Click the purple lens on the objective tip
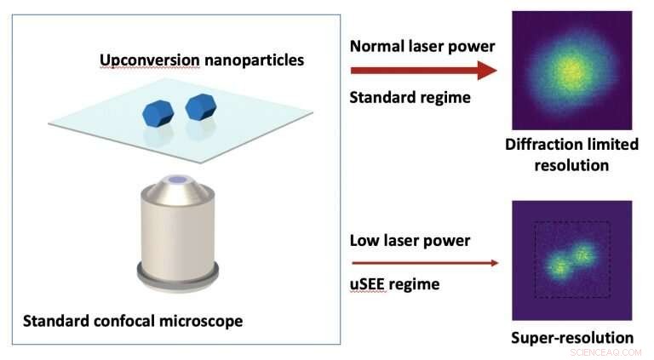(x=178, y=180)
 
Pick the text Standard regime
(x=410, y=97)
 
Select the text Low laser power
(x=410, y=240)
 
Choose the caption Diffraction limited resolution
(x=571, y=154)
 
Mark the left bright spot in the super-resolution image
(x=559, y=268)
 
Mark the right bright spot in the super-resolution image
(x=583, y=253)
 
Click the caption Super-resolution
(x=571, y=337)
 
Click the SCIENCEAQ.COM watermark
(x=608, y=351)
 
